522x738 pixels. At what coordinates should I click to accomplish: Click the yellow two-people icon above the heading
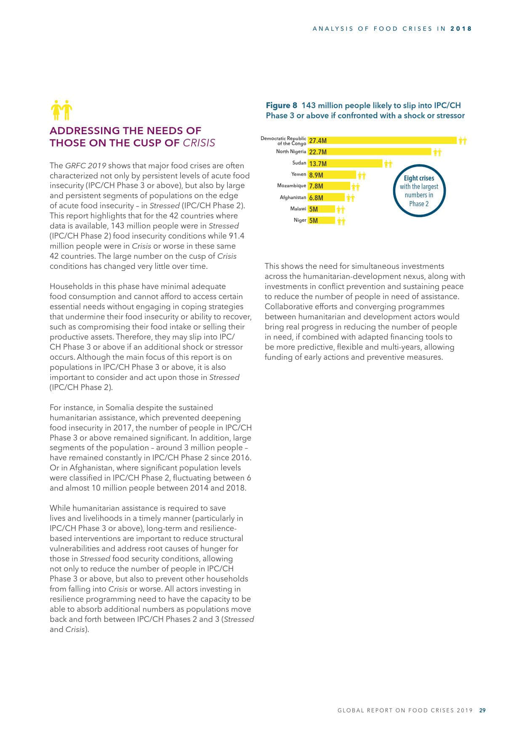(61, 110)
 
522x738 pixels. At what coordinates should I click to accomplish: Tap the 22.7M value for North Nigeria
(318, 152)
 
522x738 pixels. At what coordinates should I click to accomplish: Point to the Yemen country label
(298, 174)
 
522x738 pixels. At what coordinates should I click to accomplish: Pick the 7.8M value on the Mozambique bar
(316, 186)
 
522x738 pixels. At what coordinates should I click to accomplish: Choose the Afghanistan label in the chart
(293, 197)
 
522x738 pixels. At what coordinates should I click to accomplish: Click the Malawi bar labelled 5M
(321, 209)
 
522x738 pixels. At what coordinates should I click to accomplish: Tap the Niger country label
(300, 220)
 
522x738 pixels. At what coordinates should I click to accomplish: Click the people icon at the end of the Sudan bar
(388, 164)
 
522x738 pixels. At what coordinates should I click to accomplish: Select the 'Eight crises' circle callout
(419, 191)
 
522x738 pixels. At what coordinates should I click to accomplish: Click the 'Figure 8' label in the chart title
(281, 105)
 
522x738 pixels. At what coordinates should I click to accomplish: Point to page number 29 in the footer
(482, 710)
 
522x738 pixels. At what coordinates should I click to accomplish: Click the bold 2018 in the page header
(461, 29)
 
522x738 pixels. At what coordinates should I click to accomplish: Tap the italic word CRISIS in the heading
(199, 143)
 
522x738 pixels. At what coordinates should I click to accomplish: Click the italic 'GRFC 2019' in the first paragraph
(85, 166)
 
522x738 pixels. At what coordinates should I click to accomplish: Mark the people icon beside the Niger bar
(341, 220)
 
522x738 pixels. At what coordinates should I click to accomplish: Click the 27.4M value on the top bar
(318, 141)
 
